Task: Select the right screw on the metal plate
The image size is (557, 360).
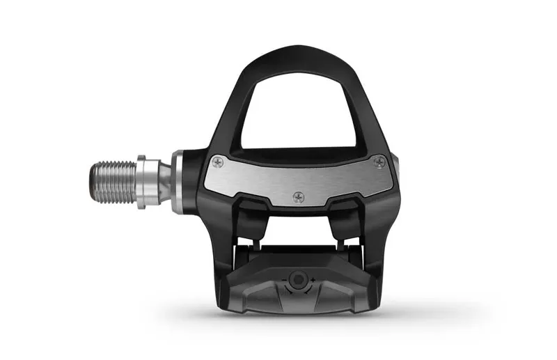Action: (x=378, y=162)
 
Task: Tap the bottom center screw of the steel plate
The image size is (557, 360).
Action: (x=299, y=196)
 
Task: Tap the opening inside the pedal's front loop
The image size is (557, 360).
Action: (x=299, y=111)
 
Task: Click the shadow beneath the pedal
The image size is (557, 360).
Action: (x=299, y=322)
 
